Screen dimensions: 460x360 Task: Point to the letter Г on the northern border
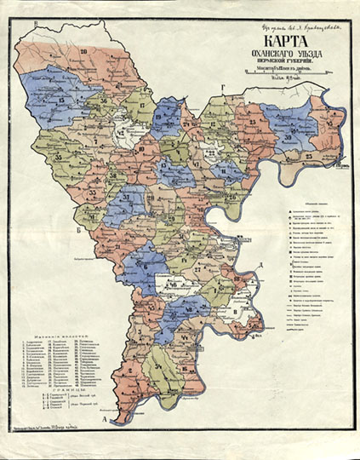tap(223, 88)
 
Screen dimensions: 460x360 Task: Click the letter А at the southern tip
tap(104, 421)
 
